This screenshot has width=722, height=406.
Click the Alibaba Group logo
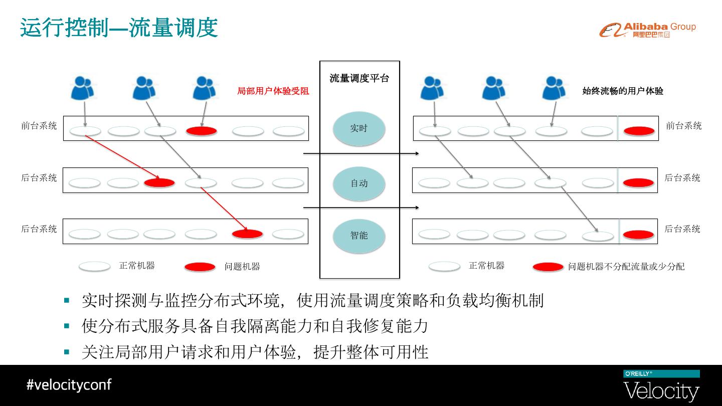(x=647, y=30)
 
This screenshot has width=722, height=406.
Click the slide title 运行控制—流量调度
(x=119, y=28)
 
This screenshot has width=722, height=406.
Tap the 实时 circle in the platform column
(x=359, y=128)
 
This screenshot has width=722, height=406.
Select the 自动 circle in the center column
(x=359, y=183)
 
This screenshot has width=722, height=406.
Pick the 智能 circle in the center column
(x=359, y=236)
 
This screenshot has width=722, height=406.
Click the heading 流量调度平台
(x=359, y=78)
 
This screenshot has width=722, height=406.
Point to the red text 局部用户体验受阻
(x=273, y=91)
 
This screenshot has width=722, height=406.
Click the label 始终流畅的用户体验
(x=623, y=91)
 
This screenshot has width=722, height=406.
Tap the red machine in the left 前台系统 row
(x=202, y=131)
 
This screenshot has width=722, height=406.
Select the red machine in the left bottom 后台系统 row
(x=247, y=234)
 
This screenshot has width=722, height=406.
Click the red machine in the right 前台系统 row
(x=639, y=131)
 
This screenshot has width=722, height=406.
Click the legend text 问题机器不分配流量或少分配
(x=626, y=267)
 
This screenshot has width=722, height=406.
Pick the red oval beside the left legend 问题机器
(x=200, y=267)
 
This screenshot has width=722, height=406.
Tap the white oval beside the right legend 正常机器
(x=444, y=266)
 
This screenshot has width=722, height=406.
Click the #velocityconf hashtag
(x=69, y=385)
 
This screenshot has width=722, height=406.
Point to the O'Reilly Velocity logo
(x=661, y=386)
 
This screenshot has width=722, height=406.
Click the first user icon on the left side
(x=83, y=88)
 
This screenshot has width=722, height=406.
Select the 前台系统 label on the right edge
(x=683, y=126)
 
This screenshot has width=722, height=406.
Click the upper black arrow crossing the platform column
(x=361, y=153)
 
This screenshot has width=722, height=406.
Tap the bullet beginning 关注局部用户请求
(x=255, y=352)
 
